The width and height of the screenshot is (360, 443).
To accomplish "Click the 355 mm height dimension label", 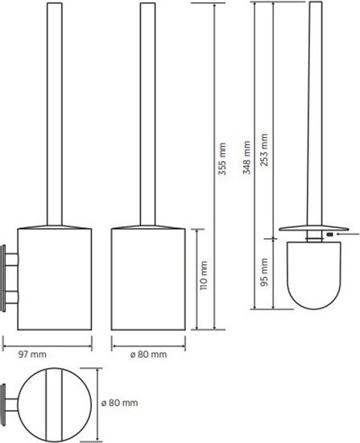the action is [x=222, y=159].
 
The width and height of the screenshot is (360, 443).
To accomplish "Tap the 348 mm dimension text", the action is [x=246, y=157].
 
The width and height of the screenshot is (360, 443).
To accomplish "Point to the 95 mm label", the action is [x=264, y=272].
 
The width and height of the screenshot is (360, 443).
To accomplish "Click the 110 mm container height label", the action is [x=204, y=275].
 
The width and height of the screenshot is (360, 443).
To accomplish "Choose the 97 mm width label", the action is [x=32, y=354].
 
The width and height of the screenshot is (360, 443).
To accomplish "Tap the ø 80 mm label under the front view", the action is [x=149, y=354].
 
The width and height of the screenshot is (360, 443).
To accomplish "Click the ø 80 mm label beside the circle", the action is [x=120, y=403].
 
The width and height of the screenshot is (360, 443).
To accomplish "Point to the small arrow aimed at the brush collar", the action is [x=347, y=234].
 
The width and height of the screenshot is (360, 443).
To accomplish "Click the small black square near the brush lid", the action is [x=329, y=234].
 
